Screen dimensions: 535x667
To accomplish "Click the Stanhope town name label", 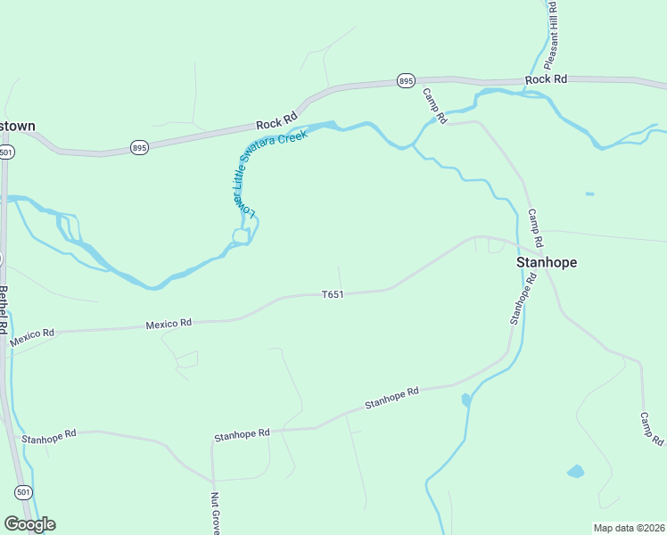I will click(x=547, y=262).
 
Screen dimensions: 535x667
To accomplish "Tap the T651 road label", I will click(x=333, y=293).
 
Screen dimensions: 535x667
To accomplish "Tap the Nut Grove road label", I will click(x=215, y=513).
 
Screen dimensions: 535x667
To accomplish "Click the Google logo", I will click(x=29, y=524).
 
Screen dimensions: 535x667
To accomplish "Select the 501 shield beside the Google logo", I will click(x=24, y=491).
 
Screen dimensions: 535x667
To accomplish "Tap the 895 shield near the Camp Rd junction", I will click(x=407, y=81).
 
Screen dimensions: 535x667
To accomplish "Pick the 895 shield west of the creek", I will click(x=138, y=146).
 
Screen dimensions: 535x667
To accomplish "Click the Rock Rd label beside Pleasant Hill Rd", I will click(x=546, y=79).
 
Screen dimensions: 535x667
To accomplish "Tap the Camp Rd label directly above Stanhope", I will click(x=535, y=228).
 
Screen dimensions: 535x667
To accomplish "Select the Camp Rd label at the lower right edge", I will click(x=652, y=430).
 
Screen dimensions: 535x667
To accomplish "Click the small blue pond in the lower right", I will click(x=576, y=471).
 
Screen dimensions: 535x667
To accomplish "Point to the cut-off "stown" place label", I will click(x=18, y=126).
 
